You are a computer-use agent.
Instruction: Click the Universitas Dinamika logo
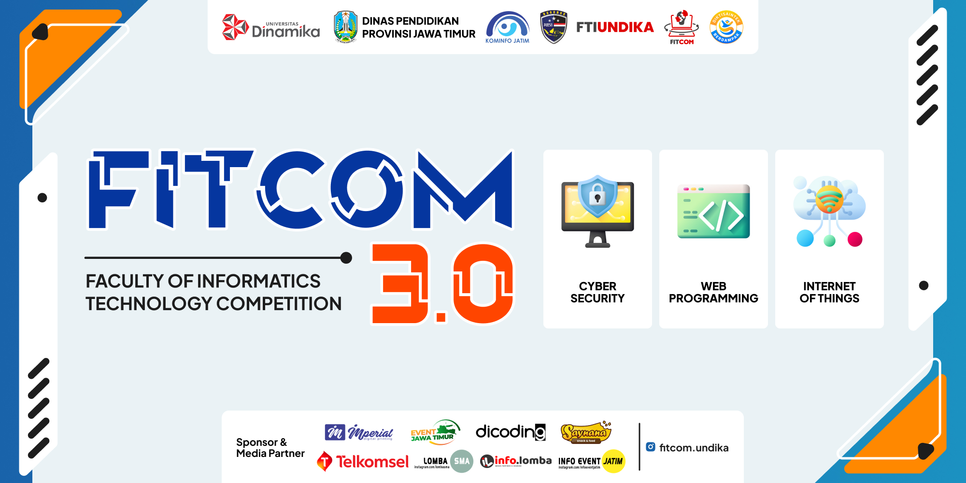click(271, 28)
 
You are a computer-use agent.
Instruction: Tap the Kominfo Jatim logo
click(507, 28)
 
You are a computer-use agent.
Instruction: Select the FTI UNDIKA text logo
click(615, 27)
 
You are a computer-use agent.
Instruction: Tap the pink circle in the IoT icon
click(854, 239)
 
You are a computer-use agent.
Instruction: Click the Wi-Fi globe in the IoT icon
click(829, 199)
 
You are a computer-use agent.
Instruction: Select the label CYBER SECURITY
click(597, 292)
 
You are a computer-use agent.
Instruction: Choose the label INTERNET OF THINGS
click(829, 292)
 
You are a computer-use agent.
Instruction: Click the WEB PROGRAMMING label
click(713, 292)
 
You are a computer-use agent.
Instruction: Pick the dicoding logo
click(511, 431)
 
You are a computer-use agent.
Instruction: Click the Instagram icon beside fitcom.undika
click(651, 447)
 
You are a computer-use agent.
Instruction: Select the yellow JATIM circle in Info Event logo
click(613, 461)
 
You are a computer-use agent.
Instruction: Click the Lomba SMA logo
click(443, 462)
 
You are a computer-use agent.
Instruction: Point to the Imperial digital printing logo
click(359, 432)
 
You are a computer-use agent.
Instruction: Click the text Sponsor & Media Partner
click(270, 448)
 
